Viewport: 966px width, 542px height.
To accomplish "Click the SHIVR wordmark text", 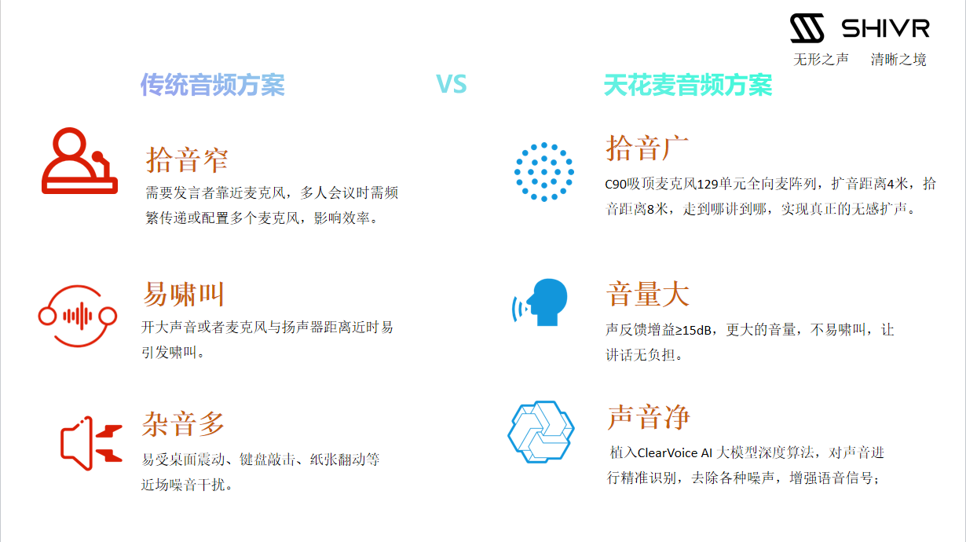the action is tap(885, 28).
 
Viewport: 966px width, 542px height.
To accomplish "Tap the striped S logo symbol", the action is tap(807, 28).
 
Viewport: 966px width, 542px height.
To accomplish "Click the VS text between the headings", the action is tap(451, 83).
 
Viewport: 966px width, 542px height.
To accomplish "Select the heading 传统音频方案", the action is tap(213, 85).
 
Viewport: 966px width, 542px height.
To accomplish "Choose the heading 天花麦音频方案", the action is tap(688, 85).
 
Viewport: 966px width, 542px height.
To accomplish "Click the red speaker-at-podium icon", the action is tap(79, 160).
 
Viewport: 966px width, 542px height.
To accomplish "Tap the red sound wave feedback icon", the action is tap(78, 316).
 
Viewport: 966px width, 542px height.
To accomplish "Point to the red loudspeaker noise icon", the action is tap(91, 443).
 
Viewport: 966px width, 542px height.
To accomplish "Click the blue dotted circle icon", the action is tap(543, 171).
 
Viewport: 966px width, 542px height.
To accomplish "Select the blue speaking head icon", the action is tap(540, 302).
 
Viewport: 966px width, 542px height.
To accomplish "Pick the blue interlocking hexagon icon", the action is tap(541, 431).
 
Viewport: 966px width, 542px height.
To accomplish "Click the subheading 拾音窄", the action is tap(187, 160).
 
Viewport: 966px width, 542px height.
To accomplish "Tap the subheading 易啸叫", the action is tap(183, 294).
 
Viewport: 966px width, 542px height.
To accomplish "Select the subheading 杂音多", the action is tap(183, 423).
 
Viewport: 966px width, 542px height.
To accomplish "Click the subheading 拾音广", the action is tap(647, 148).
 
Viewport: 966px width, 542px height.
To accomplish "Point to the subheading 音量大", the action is tap(647, 294).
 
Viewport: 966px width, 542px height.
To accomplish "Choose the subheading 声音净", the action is tap(649, 417).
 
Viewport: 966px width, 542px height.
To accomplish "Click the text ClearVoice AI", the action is tap(675, 452).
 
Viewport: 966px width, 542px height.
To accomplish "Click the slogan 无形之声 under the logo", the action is tap(821, 60).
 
